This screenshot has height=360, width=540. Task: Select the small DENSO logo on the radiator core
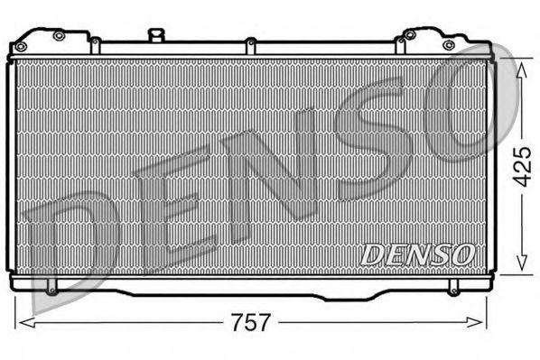tap(417, 255)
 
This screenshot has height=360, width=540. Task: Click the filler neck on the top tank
tap(158, 35)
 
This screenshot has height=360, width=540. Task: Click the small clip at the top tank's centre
tap(250, 42)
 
